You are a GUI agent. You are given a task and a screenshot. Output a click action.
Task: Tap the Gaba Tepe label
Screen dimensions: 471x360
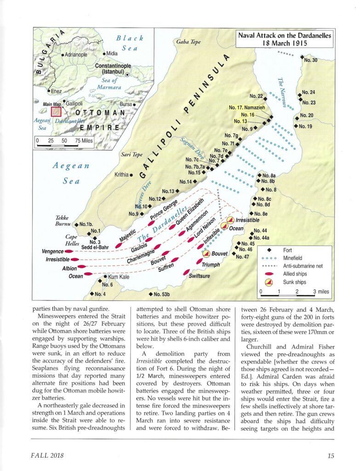(188, 42)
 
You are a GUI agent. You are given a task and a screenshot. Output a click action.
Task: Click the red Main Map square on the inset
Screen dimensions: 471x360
(56, 112)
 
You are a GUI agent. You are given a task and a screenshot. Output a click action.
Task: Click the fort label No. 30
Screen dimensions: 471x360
(311, 60)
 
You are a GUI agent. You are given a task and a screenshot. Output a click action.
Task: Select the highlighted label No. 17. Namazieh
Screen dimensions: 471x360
(248, 108)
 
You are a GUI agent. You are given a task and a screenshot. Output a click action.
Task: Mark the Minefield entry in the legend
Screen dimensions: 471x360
(294, 258)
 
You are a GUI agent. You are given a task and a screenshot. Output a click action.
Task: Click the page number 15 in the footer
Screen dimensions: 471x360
(331, 455)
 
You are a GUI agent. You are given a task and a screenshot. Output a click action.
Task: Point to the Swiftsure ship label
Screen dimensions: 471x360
(199, 276)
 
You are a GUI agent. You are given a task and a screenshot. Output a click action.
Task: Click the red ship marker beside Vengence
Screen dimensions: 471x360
(69, 252)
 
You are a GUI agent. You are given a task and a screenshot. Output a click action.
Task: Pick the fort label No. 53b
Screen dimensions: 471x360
(162, 294)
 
